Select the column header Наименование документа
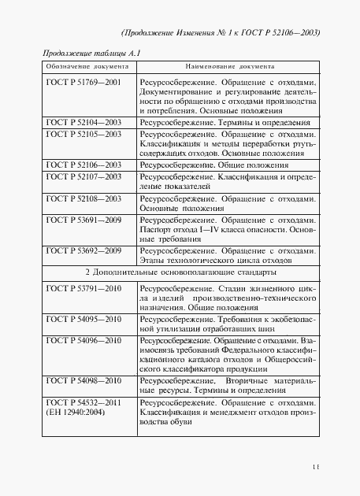[x=228, y=68]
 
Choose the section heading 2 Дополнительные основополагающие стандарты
[x=180, y=272]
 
